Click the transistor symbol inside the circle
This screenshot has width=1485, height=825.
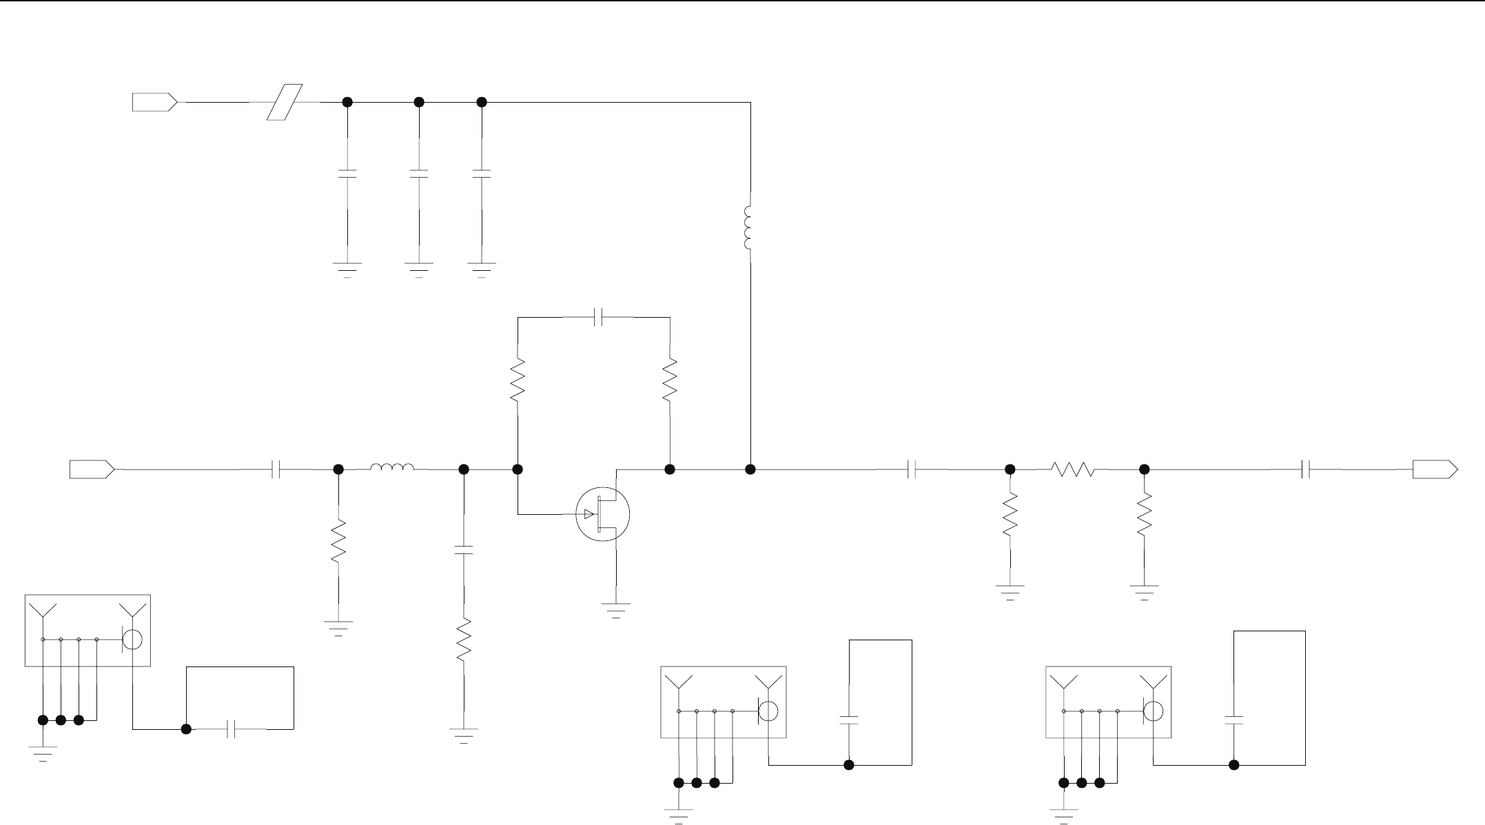click(x=603, y=514)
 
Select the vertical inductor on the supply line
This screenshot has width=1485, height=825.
click(x=749, y=227)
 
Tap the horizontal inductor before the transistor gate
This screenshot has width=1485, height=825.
click(x=392, y=469)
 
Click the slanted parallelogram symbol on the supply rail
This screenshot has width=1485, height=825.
click(x=285, y=102)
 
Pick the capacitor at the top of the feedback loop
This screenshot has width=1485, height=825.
click(x=599, y=317)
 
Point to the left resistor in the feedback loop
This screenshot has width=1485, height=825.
click(x=518, y=380)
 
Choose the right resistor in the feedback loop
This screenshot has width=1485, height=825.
click(x=669, y=380)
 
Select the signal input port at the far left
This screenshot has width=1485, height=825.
click(x=92, y=469)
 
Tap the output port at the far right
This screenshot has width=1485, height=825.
click(x=1435, y=469)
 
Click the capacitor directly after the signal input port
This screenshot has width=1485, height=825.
click(x=276, y=469)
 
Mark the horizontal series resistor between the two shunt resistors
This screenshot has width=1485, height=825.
click(x=1073, y=469)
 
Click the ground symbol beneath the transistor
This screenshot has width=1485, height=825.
click(x=615, y=610)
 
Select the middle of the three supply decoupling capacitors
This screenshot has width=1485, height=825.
click(x=418, y=173)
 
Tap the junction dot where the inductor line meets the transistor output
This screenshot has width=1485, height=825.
click(x=750, y=469)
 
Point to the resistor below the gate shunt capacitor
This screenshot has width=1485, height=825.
click(x=464, y=639)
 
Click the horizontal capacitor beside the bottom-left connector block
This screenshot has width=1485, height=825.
click(x=232, y=729)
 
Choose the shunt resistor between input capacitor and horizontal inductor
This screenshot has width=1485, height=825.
click(x=338, y=542)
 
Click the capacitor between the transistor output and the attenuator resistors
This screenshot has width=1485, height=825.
click(x=911, y=469)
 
